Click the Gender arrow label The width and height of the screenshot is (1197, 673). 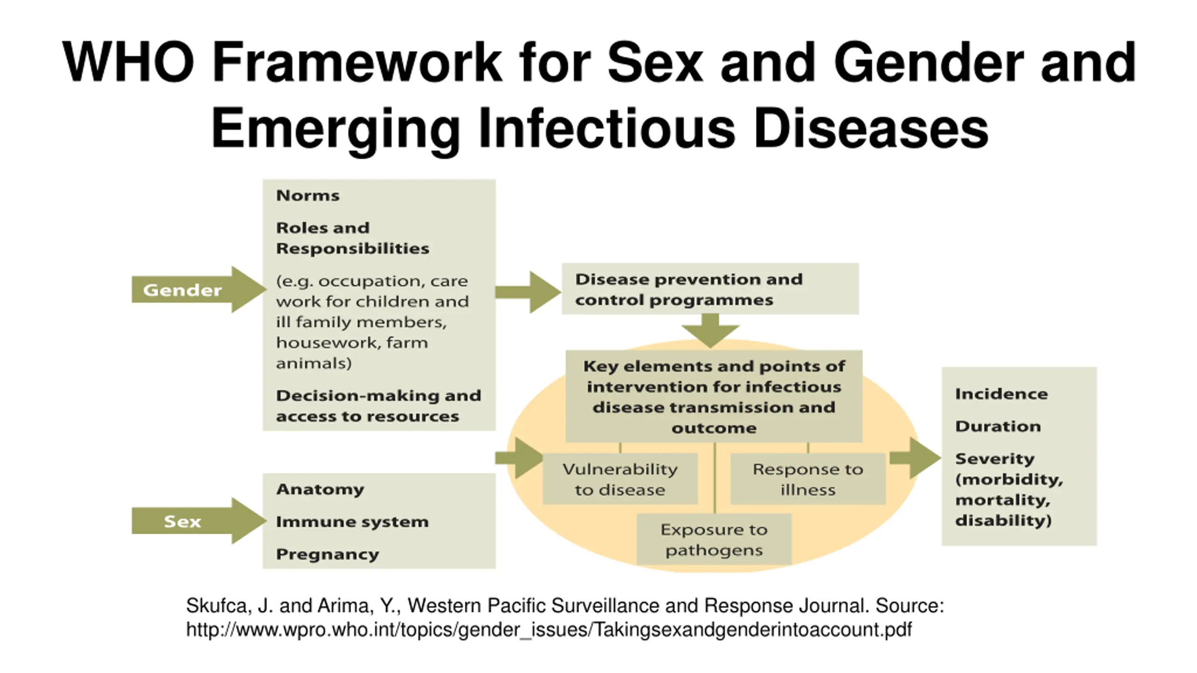[x=182, y=290]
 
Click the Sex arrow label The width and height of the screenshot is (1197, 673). [x=182, y=521]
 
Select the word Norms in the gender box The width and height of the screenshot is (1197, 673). [x=308, y=195]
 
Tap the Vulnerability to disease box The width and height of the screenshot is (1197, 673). [x=620, y=479]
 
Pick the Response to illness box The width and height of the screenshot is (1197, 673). [x=808, y=479]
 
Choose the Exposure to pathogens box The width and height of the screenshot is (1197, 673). [x=714, y=540]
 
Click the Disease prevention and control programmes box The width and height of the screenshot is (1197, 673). [x=710, y=289]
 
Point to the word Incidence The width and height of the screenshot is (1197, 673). [x=1001, y=394]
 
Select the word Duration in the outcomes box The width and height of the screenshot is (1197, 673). [x=998, y=426]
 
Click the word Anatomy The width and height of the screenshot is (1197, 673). [x=320, y=489]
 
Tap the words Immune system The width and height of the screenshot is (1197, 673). [x=352, y=522]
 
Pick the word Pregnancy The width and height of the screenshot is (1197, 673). [x=327, y=554]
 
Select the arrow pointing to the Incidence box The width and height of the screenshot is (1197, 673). [x=915, y=458]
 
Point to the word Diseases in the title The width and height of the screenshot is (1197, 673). [x=871, y=128]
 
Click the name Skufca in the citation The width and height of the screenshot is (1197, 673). [x=216, y=606]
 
